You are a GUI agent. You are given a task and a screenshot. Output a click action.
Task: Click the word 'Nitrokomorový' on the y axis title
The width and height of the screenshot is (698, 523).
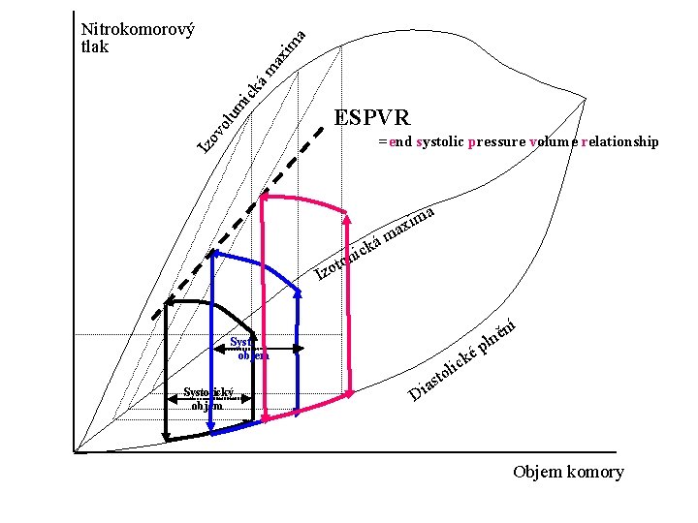pyautogui.click(x=139, y=29)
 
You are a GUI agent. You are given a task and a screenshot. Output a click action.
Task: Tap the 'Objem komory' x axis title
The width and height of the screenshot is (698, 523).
pyautogui.click(x=568, y=473)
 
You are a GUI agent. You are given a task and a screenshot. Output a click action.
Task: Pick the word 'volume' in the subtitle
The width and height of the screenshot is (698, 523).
pyautogui.click(x=553, y=142)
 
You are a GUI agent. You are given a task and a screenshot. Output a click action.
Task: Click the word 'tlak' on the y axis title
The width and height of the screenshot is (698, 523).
pyautogui.click(x=95, y=46)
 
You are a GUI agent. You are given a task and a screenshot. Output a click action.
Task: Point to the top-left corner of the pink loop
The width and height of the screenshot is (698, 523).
pyautogui.click(x=263, y=198)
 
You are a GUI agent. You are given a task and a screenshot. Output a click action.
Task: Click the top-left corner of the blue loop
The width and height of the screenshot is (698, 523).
pyautogui.click(x=212, y=253)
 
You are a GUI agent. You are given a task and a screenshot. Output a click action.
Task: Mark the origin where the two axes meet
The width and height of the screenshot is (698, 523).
pyautogui.click(x=74, y=451)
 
